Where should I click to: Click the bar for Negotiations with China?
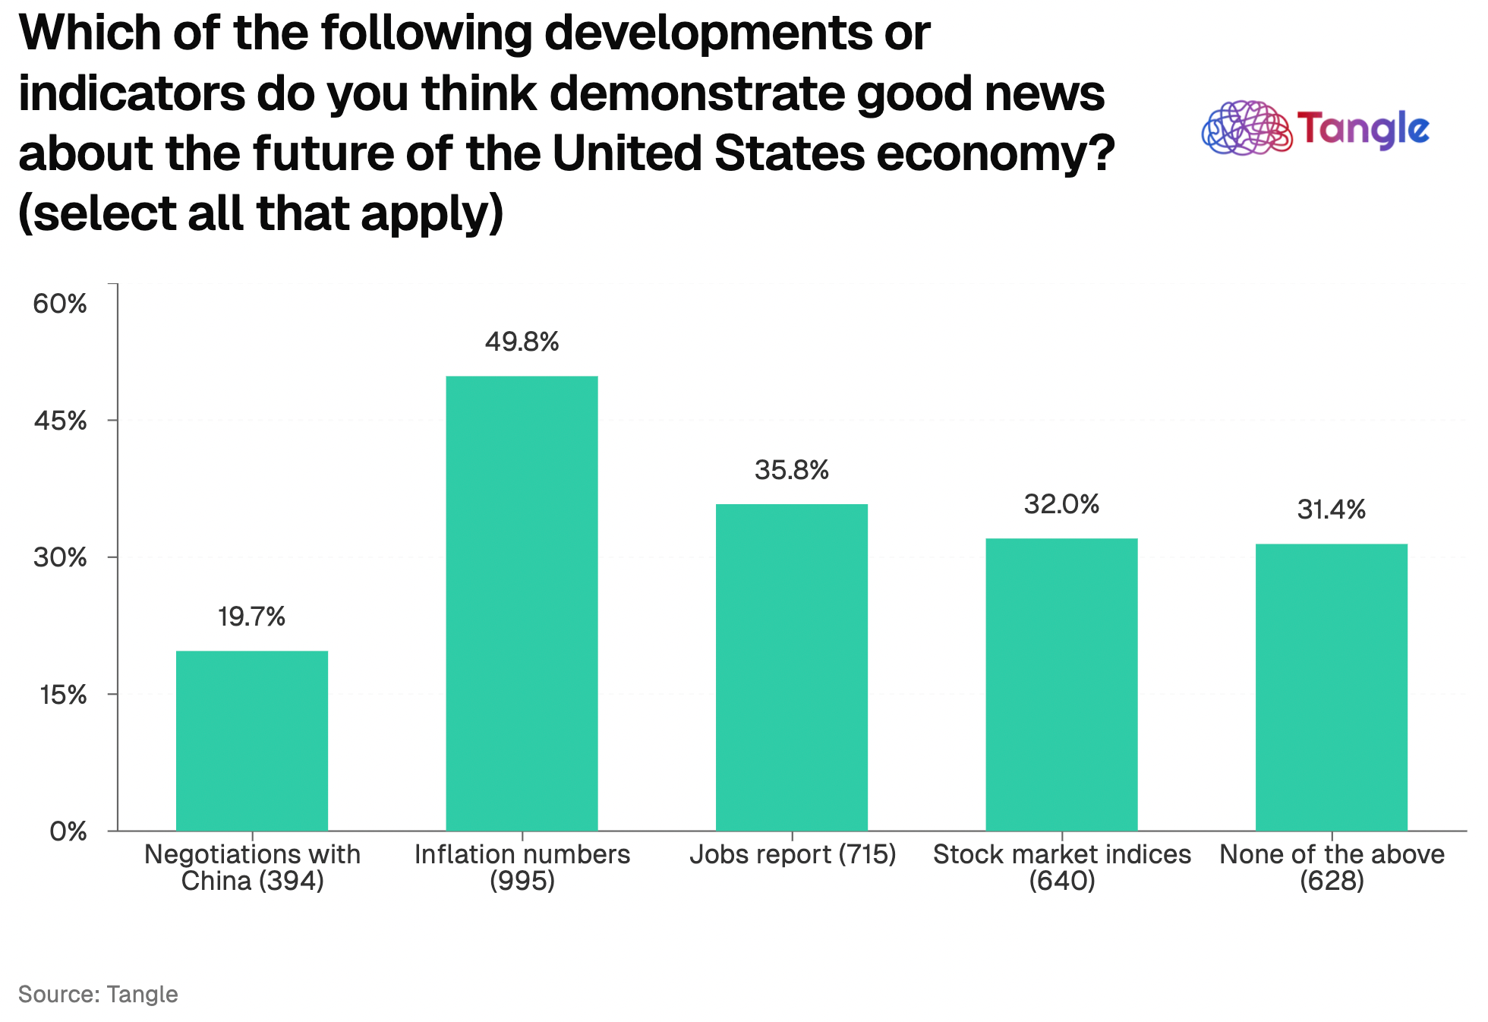click(x=252, y=740)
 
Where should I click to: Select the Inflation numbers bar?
click(x=522, y=603)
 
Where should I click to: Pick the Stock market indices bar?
click(x=1061, y=684)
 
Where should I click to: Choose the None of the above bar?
click(x=1331, y=687)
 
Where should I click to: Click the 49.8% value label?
click(x=522, y=342)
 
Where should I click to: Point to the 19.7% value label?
click(x=251, y=617)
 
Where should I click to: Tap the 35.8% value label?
click(x=792, y=471)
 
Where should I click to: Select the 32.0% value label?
click(x=1061, y=504)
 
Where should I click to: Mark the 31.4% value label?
click(x=1331, y=509)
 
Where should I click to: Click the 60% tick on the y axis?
click(x=60, y=304)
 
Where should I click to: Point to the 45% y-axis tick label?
click(x=60, y=421)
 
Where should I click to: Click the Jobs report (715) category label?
click(x=793, y=855)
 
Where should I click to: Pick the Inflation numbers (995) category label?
click(x=522, y=867)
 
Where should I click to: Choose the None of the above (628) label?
click(x=1332, y=867)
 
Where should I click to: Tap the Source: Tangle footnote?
click(x=98, y=994)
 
